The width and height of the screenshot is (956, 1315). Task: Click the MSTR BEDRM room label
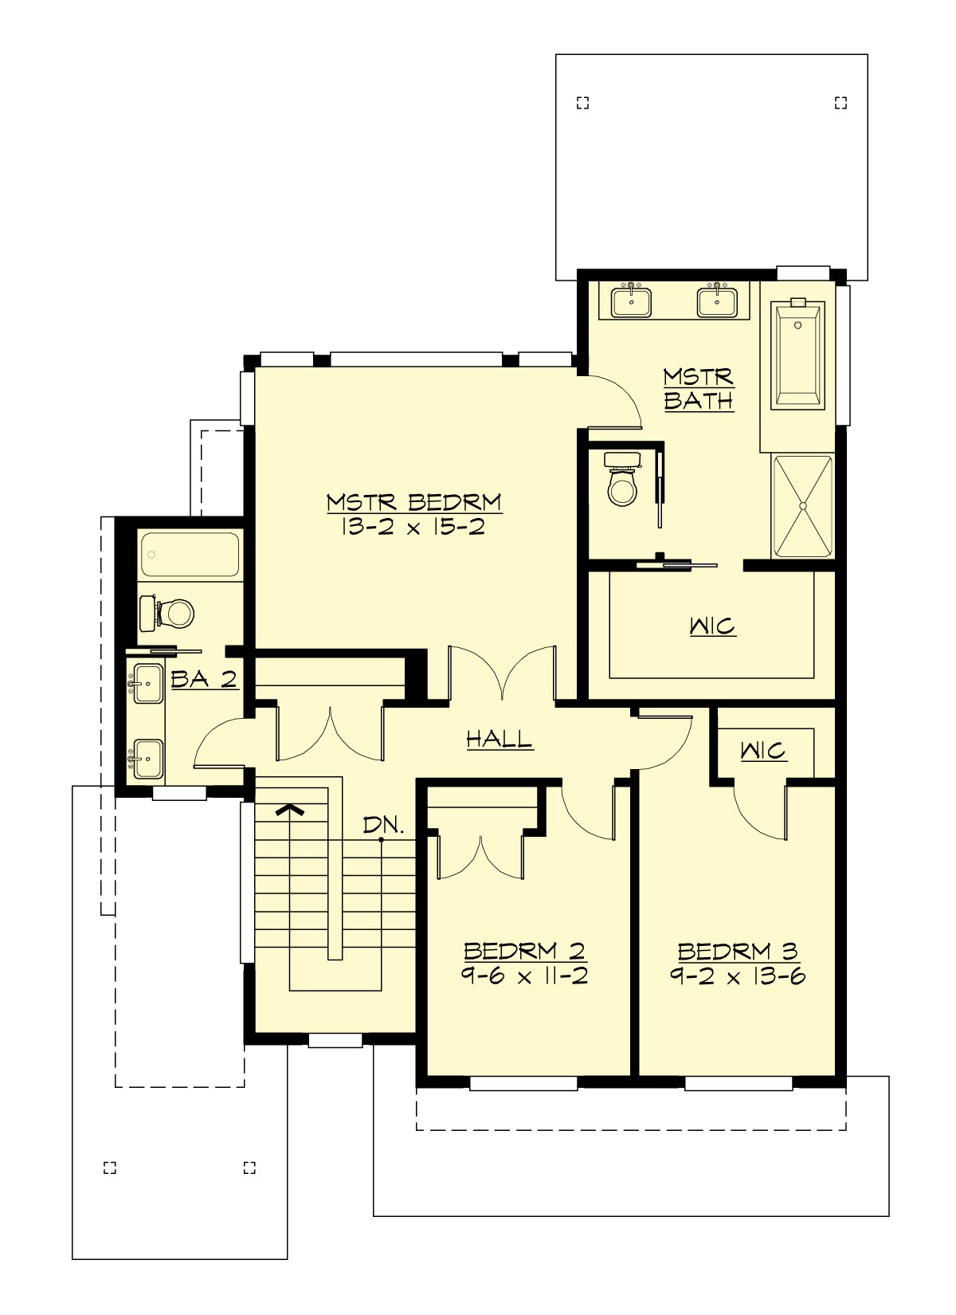pos(414,503)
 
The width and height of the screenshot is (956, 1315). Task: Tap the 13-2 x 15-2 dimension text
pos(414,527)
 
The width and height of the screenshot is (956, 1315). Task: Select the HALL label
pos(500,740)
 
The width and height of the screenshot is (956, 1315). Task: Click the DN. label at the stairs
pos(383,826)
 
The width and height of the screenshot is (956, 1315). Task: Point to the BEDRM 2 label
pos(524,951)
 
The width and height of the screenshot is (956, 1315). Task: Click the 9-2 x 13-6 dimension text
pos(737,976)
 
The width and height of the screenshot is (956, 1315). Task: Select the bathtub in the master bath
pos(797,355)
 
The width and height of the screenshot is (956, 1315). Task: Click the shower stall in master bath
pos(803,506)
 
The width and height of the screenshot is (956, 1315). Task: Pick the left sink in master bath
pos(631,301)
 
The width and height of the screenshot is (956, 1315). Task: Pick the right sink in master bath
pos(717,301)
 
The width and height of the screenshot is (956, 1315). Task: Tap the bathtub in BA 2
pos(190,555)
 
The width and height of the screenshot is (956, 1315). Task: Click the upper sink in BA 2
pos(147,684)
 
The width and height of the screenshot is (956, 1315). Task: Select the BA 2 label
pos(204,679)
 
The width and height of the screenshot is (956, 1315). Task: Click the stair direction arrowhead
pos(290,810)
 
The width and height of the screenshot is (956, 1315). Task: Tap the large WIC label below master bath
pos(712,626)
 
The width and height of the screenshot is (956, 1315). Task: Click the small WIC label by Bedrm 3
pos(762,751)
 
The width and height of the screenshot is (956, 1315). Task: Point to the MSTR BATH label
pos(699,388)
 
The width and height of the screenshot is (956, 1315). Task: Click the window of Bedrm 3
pos(739,1083)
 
